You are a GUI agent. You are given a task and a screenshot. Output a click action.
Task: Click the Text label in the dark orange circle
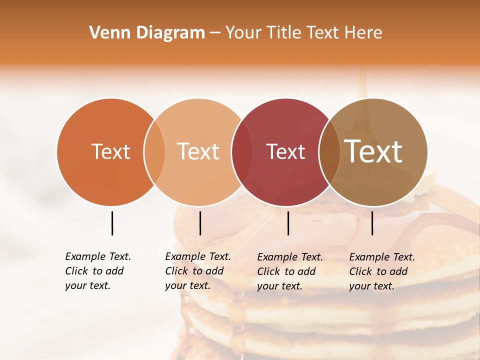pyautogui.click(x=110, y=152)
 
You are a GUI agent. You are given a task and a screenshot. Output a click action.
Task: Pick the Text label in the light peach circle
pyautogui.click(x=198, y=152)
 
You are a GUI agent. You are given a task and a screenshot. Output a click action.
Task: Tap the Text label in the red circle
pyautogui.click(x=285, y=152)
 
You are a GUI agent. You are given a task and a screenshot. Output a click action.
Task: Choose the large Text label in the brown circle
pyautogui.click(x=373, y=151)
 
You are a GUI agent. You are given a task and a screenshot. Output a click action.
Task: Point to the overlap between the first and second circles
pyautogui.click(x=154, y=152)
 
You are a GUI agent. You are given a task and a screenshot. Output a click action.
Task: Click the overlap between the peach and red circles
pyautogui.click(x=241, y=152)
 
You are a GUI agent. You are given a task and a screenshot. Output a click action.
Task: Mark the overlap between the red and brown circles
pyautogui.click(x=329, y=152)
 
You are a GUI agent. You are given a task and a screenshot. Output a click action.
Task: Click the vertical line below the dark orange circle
pyautogui.click(x=112, y=223)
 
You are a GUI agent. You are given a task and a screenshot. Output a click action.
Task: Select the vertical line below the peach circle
pyautogui.click(x=200, y=223)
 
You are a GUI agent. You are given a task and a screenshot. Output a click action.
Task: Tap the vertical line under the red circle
pyautogui.click(x=288, y=223)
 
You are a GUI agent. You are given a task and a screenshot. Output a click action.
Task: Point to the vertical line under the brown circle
pyautogui.click(x=372, y=223)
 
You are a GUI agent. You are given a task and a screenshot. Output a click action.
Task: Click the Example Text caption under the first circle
pyautogui.click(x=98, y=271)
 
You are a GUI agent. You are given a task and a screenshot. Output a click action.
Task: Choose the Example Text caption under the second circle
pyautogui.click(x=198, y=271)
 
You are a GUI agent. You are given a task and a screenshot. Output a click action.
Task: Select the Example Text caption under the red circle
pyautogui.click(x=290, y=271)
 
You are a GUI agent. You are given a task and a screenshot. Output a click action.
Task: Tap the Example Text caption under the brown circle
pyautogui.click(x=382, y=271)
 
